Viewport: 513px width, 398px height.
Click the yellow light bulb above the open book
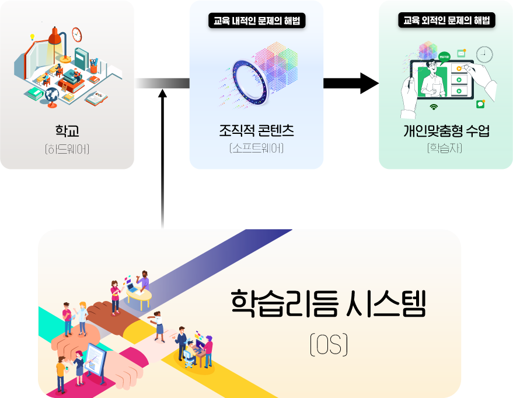(32, 37)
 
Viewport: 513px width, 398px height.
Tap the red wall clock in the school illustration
(77, 34)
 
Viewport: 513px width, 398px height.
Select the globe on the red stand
(52, 96)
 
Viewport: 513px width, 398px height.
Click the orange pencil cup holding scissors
(93, 67)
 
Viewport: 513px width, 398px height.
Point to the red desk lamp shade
(55, 36)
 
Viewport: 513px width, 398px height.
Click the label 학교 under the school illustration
(67, 131)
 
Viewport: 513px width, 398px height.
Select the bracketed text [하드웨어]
(67, 149)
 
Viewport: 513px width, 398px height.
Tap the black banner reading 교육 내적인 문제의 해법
(257, 20)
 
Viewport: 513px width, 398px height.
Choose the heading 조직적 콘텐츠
(257, 130)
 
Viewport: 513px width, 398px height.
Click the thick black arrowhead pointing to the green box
(369, 83)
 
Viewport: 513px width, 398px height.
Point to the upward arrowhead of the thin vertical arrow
(162, 94)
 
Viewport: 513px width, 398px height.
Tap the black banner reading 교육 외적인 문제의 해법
(446, 20)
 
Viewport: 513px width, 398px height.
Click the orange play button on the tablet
(459, 68)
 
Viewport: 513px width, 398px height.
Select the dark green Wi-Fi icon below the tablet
(434, 107)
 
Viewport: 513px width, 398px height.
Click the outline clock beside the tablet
(484, 54)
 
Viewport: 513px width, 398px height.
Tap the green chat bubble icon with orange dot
(481, 104)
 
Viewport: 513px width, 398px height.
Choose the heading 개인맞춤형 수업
(446, 131)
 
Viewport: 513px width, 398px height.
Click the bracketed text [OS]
(329, 344)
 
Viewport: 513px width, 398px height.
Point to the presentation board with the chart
(96, 361)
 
